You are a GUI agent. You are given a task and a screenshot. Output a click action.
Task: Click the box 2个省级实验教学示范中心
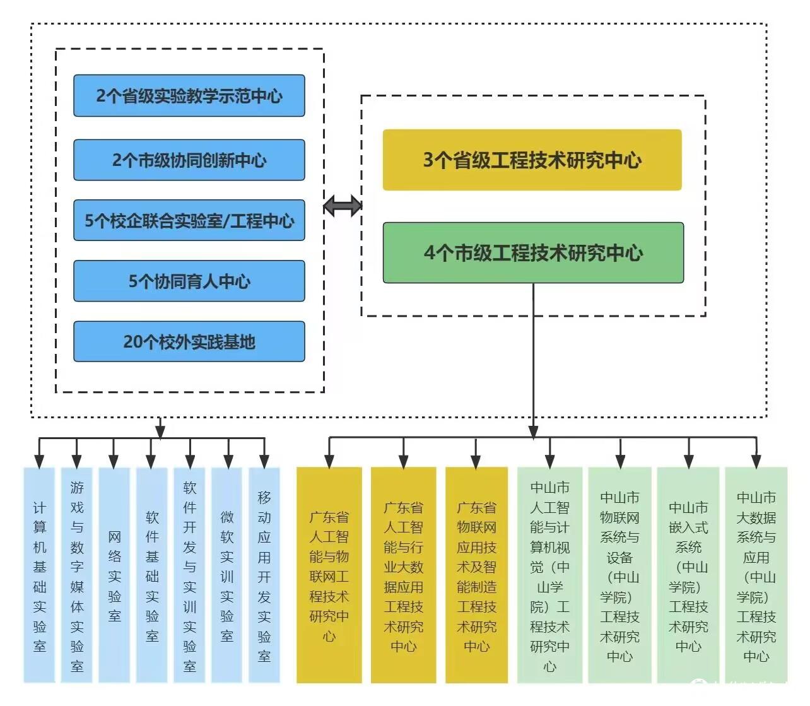(x=189, y=96)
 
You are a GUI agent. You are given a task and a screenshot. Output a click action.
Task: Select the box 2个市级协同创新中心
(x=189, y=160)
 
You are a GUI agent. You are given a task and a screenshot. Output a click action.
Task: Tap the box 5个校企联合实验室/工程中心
(x=189, y=221)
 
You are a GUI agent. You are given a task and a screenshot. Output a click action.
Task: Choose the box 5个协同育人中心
(x=189, y=281)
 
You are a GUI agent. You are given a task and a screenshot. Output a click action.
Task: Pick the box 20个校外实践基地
(x=189, y=341)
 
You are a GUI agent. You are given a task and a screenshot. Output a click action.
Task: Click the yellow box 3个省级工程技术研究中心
(x=532, y=160)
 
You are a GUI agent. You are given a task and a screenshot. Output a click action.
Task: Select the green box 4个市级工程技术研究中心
(x=533, y=252)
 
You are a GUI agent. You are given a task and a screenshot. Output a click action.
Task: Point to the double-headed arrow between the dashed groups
(x=343, y=206)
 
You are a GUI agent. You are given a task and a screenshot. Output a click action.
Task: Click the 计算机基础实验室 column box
(x=40, y=574)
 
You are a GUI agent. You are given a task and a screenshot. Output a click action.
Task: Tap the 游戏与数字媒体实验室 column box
(x=77, y=574)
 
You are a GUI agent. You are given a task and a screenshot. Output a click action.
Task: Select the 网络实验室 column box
(x=114, y=574)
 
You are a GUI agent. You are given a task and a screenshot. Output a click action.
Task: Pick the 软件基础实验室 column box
(x=152, y=574)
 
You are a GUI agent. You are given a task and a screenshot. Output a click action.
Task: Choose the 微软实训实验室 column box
(x=227, y=574)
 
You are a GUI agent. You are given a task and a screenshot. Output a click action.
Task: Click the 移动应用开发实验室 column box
(x=264, y=574)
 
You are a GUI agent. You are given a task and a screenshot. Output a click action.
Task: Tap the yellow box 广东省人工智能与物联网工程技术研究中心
(x=329, y=574)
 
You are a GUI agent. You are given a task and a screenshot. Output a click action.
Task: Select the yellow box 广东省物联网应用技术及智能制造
(x=476, y=574)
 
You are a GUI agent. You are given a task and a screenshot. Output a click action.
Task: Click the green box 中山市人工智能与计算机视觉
(x=549, y=574)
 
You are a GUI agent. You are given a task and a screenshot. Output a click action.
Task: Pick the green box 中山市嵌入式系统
(x=688, y=574)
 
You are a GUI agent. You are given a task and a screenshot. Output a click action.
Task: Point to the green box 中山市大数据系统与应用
(x=756, y=574)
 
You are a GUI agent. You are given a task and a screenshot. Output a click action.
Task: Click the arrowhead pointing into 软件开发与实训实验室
(x=189, y=462)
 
